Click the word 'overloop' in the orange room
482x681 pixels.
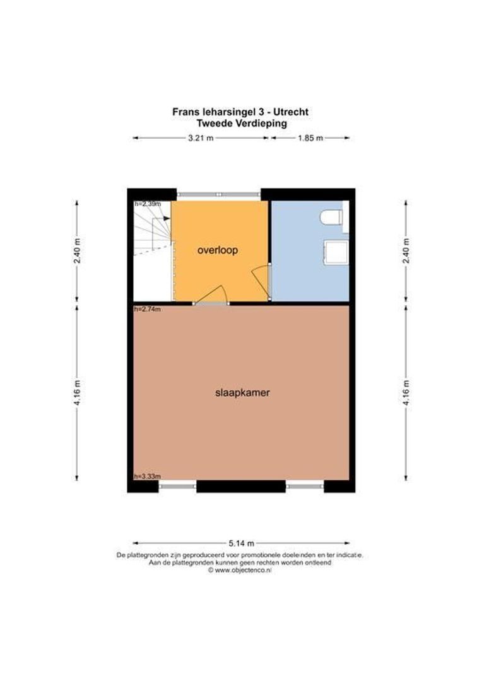(217, 250)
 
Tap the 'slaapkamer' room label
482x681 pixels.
(242, 392)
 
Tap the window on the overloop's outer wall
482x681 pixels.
(218, 194)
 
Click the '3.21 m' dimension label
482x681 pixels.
(201, 138)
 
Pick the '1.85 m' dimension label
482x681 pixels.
(310, 138)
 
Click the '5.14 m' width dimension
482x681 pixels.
(241, 543)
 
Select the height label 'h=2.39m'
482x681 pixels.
(148, 204)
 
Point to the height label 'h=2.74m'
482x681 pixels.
(148, 310)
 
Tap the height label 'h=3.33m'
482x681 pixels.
(148, 476)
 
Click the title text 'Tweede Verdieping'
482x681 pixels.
(240, 124)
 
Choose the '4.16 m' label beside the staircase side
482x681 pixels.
(77, 392)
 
